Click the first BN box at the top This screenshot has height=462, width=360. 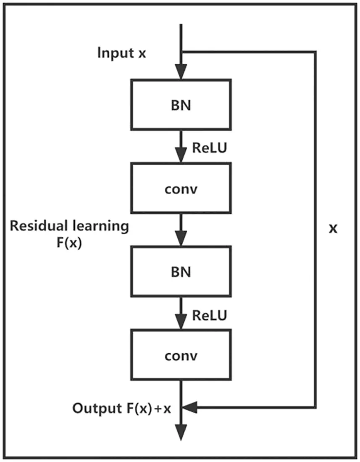(181, 104)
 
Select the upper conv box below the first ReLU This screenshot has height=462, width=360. (181, 188)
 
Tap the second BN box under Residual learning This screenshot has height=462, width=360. (181, 271)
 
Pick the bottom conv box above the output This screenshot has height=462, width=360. (181, 355)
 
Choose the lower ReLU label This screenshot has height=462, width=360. (210, 315)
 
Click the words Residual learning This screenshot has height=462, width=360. (69, 226)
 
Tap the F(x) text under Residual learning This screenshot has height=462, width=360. (69, 243)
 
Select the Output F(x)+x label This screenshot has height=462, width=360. (121, 408)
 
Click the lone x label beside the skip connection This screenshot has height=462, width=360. (333, 229)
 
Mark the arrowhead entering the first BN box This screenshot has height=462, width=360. (181, 73)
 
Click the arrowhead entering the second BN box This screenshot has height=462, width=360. (181, 240)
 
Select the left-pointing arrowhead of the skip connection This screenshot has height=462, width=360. (190, 407)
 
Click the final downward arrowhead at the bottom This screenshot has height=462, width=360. (181, 432)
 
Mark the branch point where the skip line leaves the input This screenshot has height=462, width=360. (181, 52)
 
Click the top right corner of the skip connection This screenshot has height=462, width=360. (315, 52)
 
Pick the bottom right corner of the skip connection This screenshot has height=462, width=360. (315, 407)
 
